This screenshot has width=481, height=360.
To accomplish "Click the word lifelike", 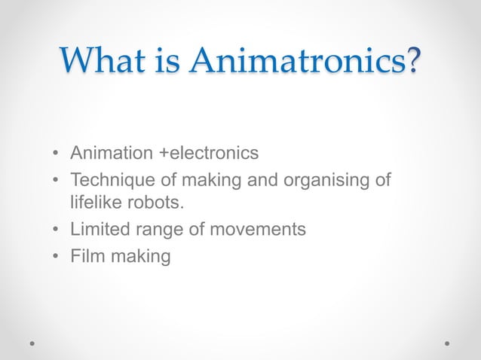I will (x=93, y=203).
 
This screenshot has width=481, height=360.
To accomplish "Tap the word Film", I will (x=86, y=256).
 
